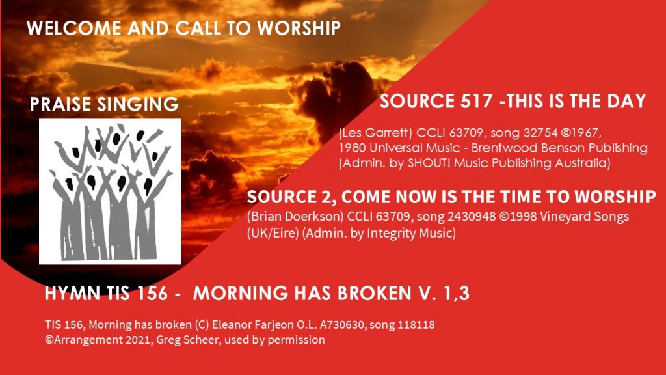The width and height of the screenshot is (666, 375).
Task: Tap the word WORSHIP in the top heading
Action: pyautogui.click(x=299, y=28)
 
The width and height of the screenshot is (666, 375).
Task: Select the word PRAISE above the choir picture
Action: pyautogui.click(x=60, y=104)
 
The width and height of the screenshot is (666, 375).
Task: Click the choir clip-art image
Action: pyautogui.click(x=110, y=191)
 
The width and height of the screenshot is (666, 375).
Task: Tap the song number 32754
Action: pyautogui.click(x=540, y=133)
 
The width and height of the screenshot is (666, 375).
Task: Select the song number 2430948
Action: pyautogui.click(x=472, y=217)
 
